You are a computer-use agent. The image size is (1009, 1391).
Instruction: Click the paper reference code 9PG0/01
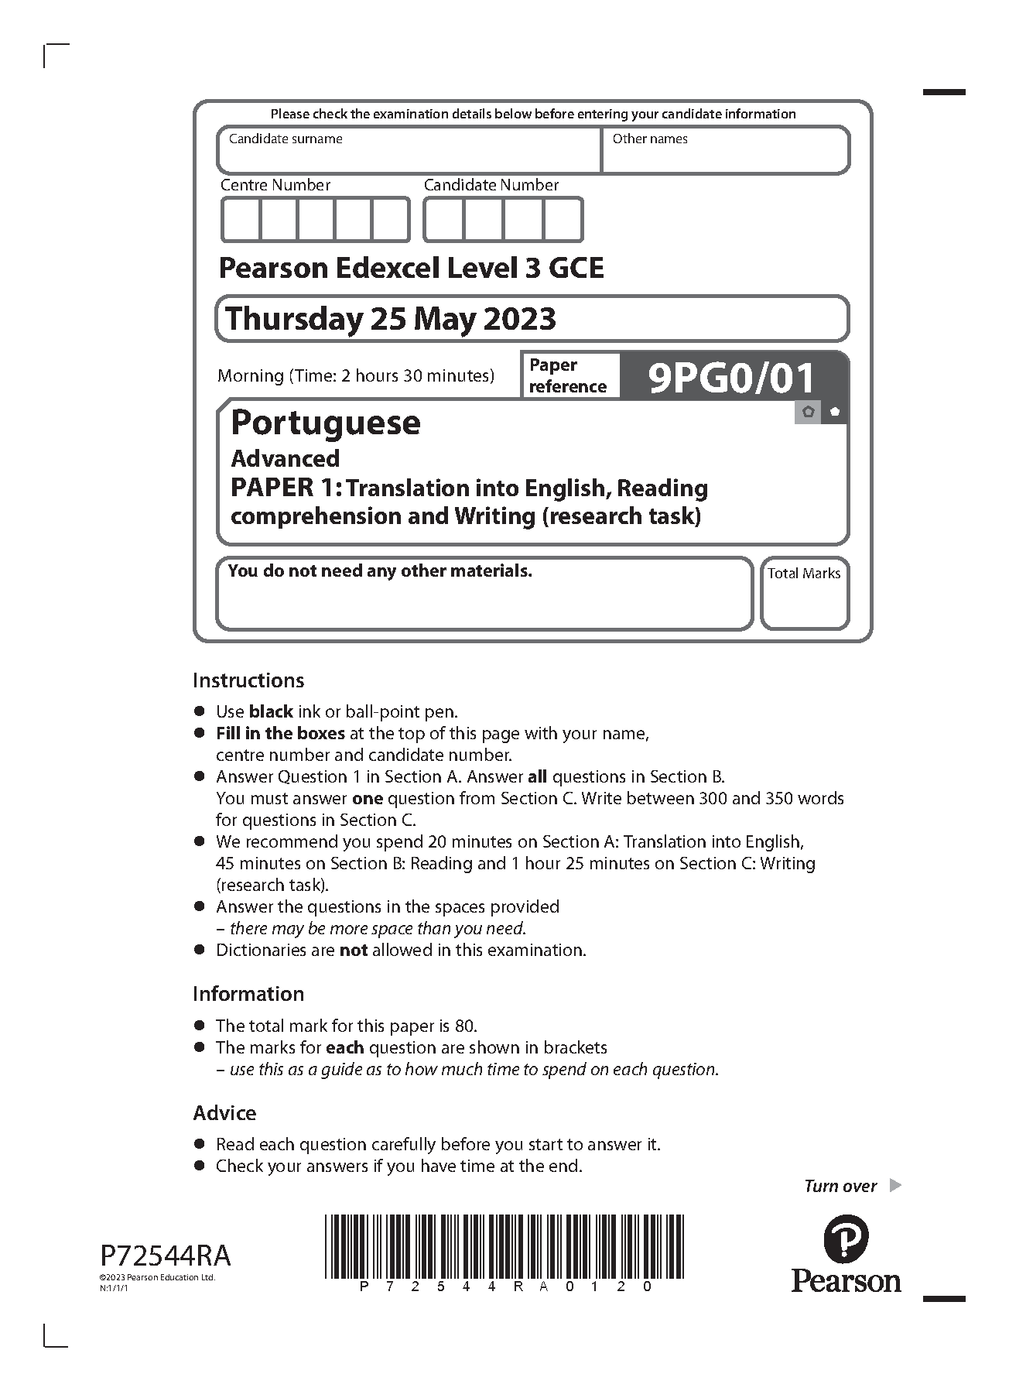click(x=732, y=378)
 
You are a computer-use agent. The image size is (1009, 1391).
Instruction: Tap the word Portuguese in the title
click(x=326, y=423)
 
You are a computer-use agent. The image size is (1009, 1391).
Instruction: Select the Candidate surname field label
click(x=286, y=139)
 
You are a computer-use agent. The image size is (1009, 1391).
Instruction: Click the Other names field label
click(x=650, y=139)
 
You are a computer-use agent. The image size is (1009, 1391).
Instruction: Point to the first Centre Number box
click(x=241, y=220)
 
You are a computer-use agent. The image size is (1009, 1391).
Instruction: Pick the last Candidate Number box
click(x=563, y=220)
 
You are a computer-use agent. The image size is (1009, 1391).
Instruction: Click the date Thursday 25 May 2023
click(x=391, y=319)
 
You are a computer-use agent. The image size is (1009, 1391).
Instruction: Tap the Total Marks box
click(x=804, y=593)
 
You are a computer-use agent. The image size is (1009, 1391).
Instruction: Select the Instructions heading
click(x=248, y=680)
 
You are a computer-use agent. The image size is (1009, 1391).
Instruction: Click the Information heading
click(x=248, y=994)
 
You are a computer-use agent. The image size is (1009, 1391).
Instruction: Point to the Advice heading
click(x=224, y=1113)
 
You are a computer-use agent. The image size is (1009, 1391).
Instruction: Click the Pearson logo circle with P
click(x=845, y=1237)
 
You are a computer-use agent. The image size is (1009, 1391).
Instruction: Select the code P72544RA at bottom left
click(x=166, y=1255)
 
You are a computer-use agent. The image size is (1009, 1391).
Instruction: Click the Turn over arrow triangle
click(x=895, y=1185)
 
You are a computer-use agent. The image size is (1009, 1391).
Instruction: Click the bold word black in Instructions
click(x=271, y=712)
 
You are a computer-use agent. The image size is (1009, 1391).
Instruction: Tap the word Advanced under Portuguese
click(x=286, y=459)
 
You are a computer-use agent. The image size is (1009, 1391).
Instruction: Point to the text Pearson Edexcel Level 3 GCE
click(x=412, y=269)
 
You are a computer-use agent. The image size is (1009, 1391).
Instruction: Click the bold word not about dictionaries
click(x=354, y=951)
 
